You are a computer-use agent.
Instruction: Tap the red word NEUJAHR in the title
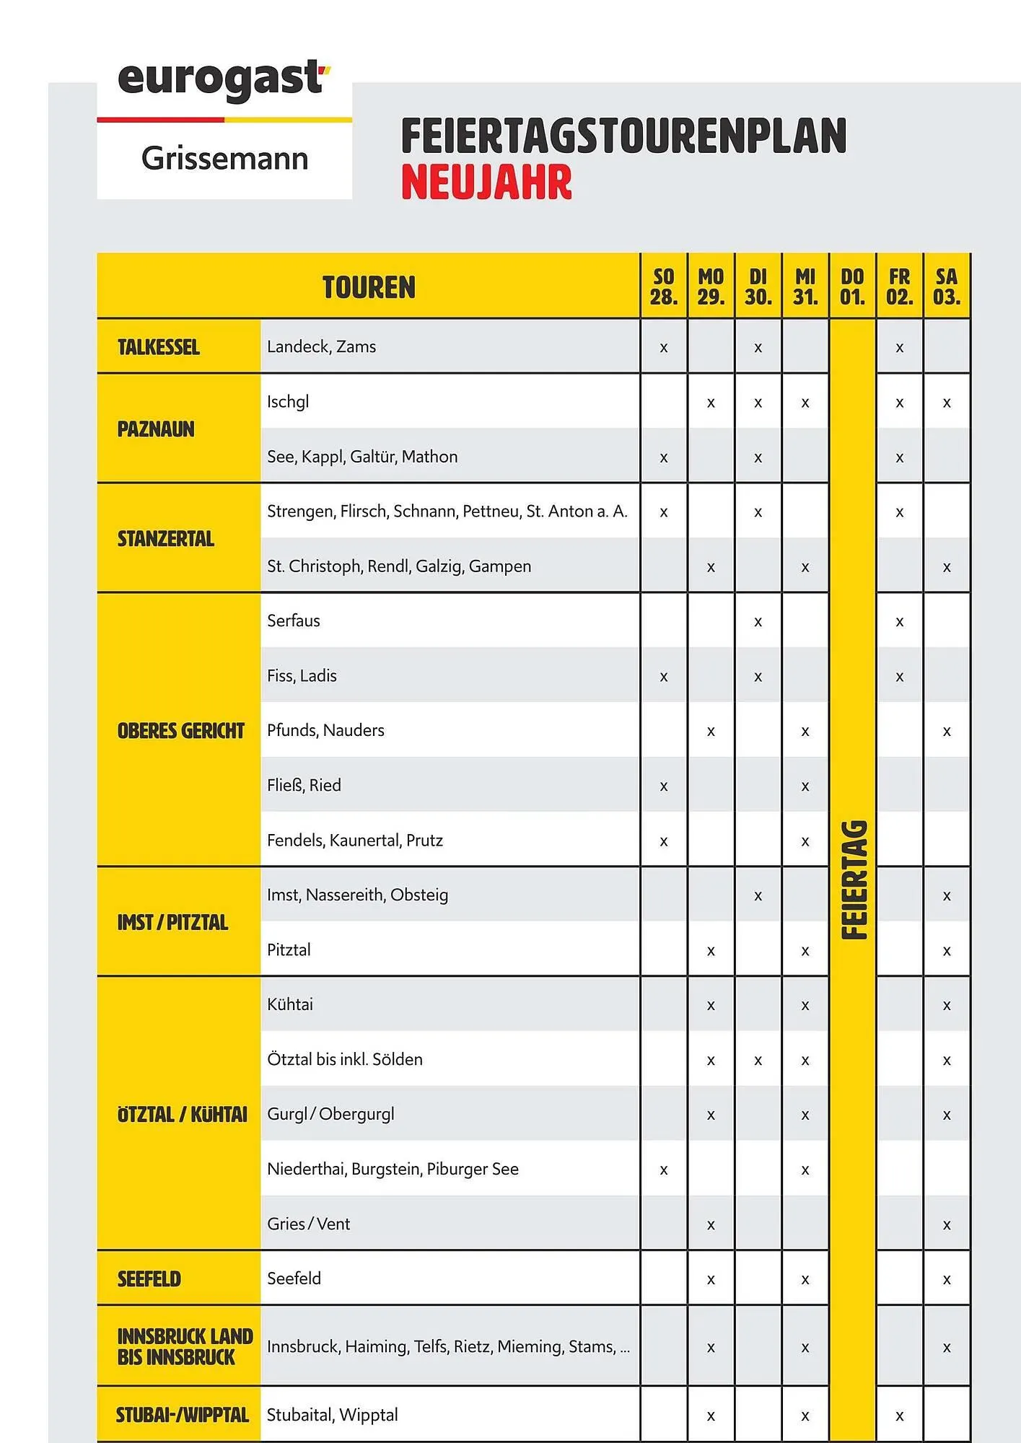click(486, 182)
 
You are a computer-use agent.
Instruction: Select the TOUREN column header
click(369, 287)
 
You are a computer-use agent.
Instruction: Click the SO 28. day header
click(663, 287)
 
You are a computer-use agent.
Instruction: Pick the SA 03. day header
click(946, 287)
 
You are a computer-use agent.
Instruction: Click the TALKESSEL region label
click(159, 347)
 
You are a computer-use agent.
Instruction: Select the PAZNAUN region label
click(156, 429)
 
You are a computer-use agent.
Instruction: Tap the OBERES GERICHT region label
click(180, 731)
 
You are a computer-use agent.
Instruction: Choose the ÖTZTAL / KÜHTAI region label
click(182, 1115)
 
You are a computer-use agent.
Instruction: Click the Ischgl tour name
click(288, 402)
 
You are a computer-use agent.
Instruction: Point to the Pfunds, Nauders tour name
click(325, 730)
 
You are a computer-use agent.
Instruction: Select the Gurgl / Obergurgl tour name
click(330, 1114)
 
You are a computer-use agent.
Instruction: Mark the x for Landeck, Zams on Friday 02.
click(899, 348)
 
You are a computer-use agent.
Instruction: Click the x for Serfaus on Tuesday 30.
click(758, 622)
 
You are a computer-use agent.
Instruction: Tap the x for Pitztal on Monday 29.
click(711, 951)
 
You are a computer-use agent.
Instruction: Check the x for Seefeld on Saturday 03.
click(947, 1280)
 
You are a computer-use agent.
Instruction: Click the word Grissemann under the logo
click(224, 159)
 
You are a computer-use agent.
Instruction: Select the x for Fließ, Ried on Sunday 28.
click(663, 786)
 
